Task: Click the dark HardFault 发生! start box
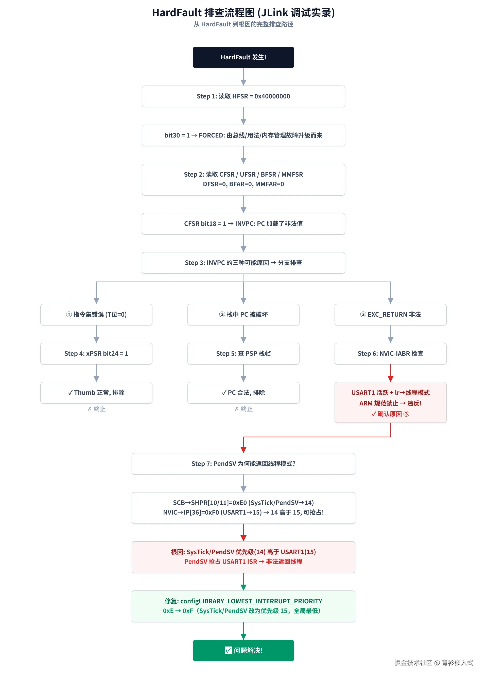[243, 57]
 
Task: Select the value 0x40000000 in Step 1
[272, 96]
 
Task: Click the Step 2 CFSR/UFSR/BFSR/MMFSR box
[243, 180]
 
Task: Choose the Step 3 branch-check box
[243, 263]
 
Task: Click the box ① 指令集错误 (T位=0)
[96, 315]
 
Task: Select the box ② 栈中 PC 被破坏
[243, 315]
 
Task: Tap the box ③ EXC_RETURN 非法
[391, 315]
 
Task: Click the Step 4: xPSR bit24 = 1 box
[96, 354]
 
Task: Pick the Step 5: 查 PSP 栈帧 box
[243, 354]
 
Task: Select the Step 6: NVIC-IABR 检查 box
[391, 354]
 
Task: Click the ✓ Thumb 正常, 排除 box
[96, 393]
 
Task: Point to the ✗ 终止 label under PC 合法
[243, 409]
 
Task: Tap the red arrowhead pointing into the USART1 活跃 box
[391, 379]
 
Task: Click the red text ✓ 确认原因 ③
[391, 414]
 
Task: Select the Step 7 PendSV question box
[243, 464]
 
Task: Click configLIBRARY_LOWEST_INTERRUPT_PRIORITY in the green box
[251, 601]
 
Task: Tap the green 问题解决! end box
[243, 650]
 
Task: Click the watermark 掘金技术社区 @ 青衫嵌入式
[434, 662]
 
